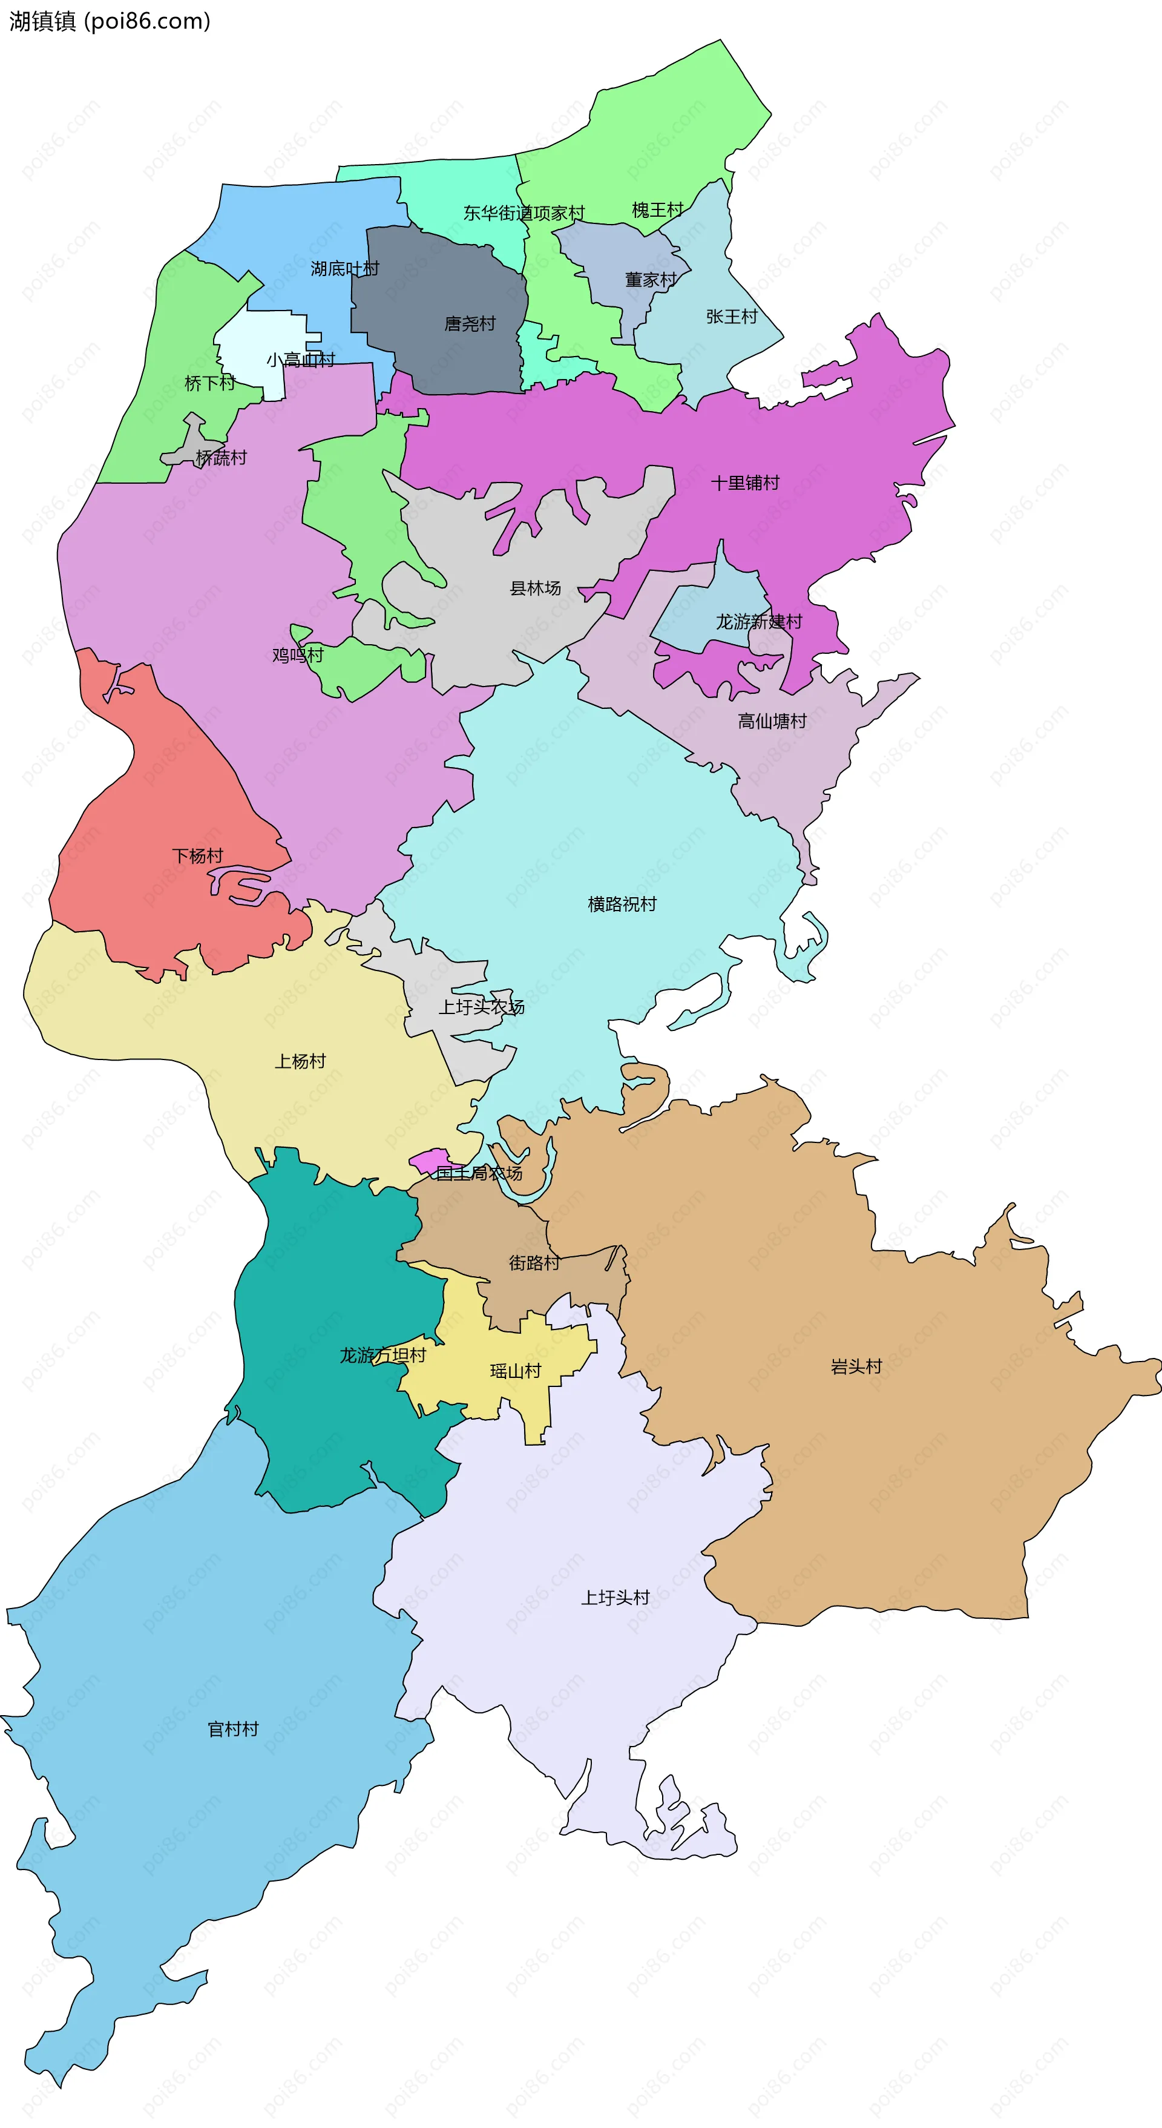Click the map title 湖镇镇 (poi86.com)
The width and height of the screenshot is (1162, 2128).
click(x=110, y=21)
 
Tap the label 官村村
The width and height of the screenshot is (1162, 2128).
click(x=233, y=1729)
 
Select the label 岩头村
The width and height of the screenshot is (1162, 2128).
click(x=856, y=1366)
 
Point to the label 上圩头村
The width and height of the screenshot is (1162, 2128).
click(x=615, y=1598)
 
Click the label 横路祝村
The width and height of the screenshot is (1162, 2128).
click(x=622, y=904)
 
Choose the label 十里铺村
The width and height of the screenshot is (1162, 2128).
click(x=745, y=483)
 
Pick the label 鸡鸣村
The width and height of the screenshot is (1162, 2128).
click(x=298, y=655)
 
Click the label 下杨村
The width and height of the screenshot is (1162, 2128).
click(x=197, y=856)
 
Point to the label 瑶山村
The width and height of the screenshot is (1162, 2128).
click(x=516, y=1371)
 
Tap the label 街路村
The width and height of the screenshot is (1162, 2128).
click(x=534, y=1262)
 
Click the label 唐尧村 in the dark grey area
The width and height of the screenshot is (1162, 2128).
click(x=470, y=324)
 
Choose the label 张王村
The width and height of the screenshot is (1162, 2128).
click(x=732, y=317)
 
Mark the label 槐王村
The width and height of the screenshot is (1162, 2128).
click(x=657, y=210)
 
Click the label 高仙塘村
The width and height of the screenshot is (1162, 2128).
click(x=772, y=721)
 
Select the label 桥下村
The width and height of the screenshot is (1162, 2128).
click(x=210, y=383)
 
